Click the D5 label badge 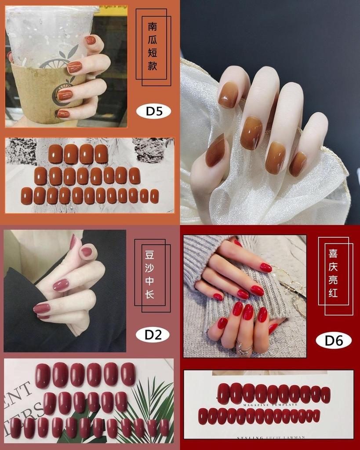click(153, 112)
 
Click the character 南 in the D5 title click(153, 26)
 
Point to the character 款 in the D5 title click(153, 66)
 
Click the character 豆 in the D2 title click(149, 254)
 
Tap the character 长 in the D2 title click(149, 294)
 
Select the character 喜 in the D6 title click(333, 254)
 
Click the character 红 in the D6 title click(333, 293)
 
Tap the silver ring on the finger click(244, 347)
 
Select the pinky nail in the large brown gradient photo click(298, 163)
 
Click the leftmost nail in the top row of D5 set click(55, 154)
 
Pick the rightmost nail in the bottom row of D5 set click(154, 196)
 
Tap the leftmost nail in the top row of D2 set click(43, 376)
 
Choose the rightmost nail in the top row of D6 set click(325, 394)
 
